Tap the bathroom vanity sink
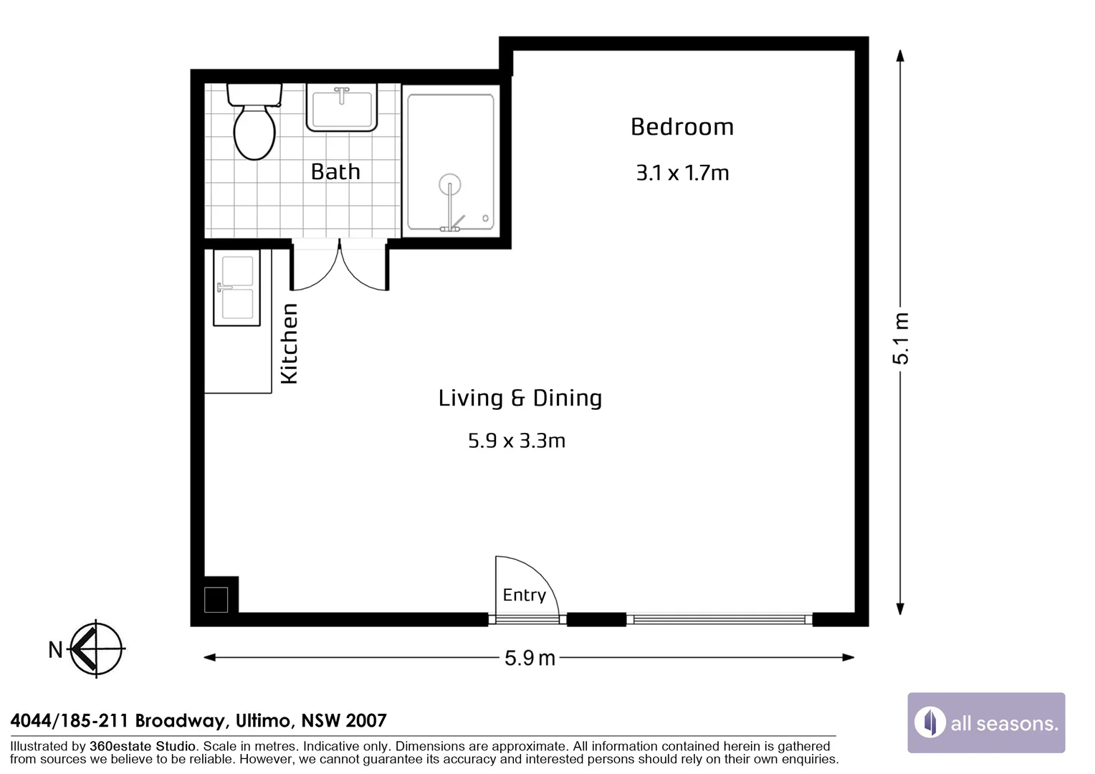(342, 107)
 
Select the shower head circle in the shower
(450, 184)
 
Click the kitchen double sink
(236, 287)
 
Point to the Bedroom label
(682, 127)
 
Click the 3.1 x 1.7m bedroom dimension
(682, 173)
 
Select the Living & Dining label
(520, 398)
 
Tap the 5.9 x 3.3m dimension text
(516, 440)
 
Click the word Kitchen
(289, 343)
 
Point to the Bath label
(335, 171)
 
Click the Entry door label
(524, 595)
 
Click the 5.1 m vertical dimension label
(901, 338)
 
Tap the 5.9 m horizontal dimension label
(530, 658)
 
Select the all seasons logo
(986, 722)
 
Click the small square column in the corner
(216, 599)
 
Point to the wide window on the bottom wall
(719, 619)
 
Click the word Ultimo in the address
(263, 720)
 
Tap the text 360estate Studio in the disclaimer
(142, 746)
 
